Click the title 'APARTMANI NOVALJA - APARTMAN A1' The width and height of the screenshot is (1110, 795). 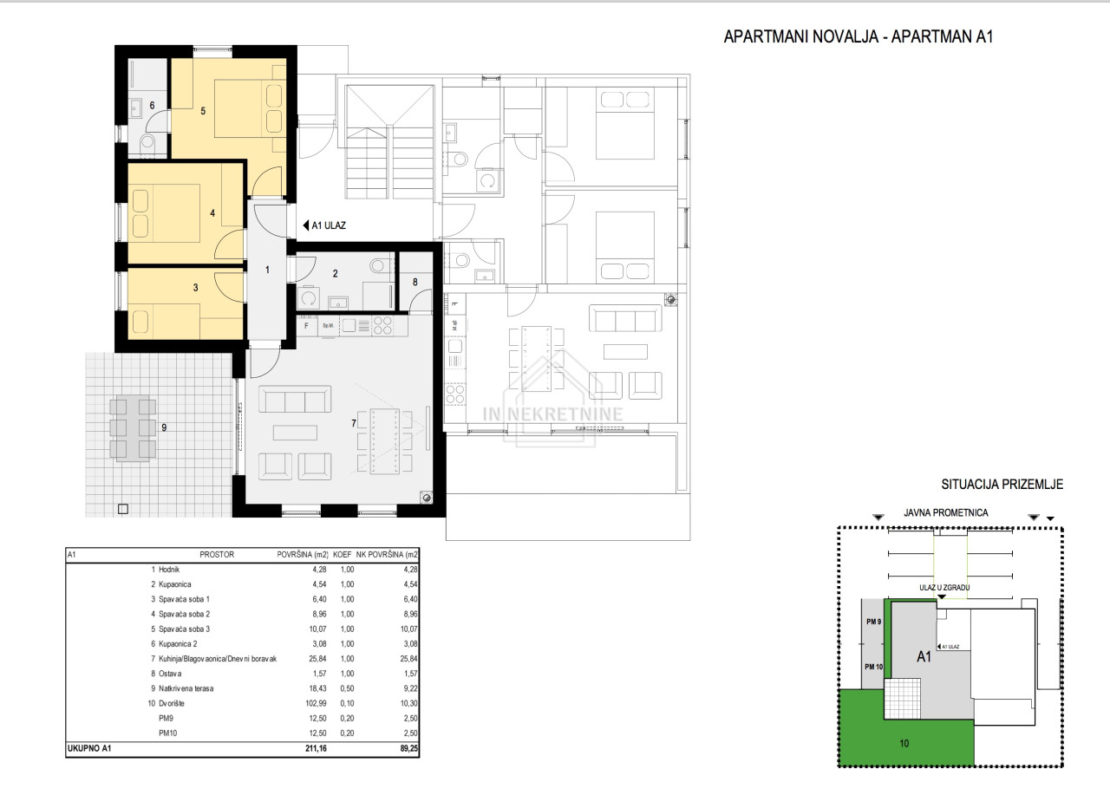pos(859,36)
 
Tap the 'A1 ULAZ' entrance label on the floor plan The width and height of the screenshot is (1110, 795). pos(329,225)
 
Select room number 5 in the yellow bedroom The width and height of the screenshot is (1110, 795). pos(203,111)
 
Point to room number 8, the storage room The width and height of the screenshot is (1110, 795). pos(415,282)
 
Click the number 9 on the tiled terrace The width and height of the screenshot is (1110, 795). pos(164,427)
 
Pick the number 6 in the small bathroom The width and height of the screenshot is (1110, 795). pos(152,106)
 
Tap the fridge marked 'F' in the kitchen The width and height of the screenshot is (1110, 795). pos(306,325)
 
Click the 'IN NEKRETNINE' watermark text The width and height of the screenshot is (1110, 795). pos(553,414)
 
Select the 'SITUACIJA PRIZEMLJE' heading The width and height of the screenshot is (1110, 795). pos(1002,484)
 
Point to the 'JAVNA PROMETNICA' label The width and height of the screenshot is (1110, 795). pos(945,512)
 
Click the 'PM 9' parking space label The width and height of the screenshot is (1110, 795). pos(873,622)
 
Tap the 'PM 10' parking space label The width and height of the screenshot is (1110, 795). pos(873,667)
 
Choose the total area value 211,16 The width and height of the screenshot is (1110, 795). pos(317,748)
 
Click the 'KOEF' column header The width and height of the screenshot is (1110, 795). pos(342,555)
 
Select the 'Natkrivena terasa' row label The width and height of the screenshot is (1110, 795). pos(186,688)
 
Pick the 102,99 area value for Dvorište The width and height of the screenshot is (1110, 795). pos(317,703)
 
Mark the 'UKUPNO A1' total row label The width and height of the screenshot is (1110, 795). pos(89,748)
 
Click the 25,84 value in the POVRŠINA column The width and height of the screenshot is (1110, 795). pos(317,659)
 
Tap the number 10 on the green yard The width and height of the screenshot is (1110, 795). pos(904,744)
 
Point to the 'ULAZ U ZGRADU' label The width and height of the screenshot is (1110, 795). pos(944,588)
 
